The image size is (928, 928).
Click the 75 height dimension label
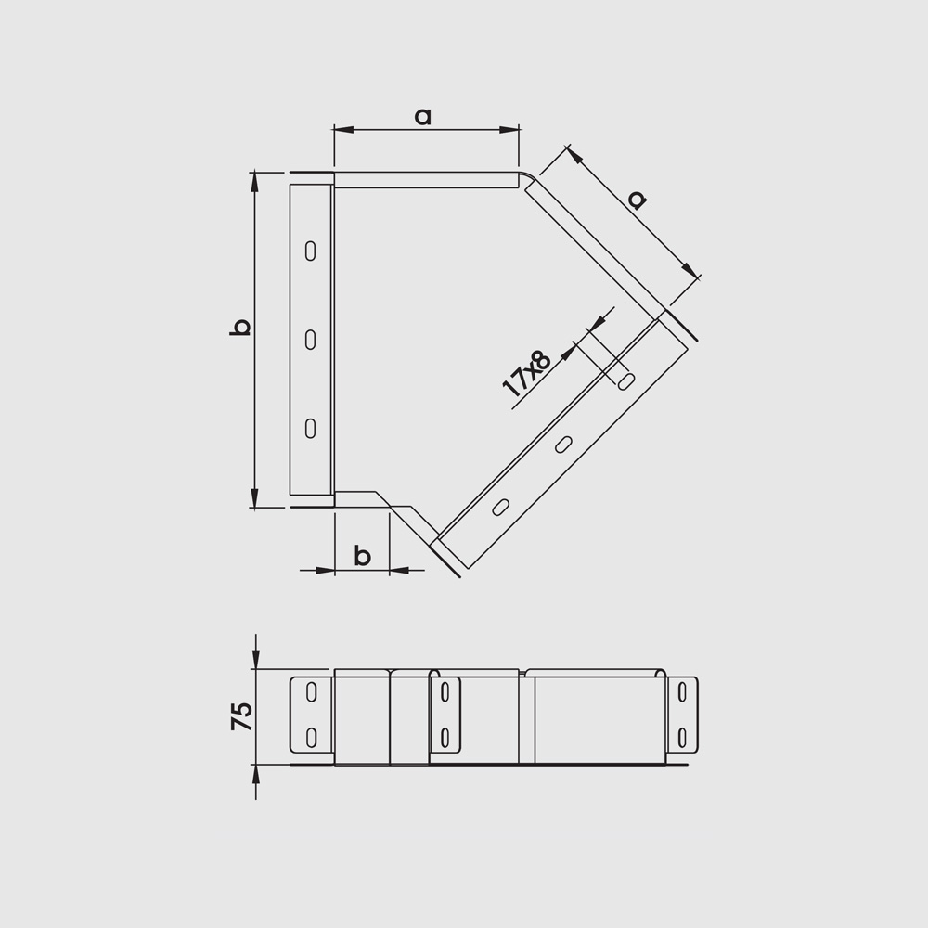(x=241, y=716)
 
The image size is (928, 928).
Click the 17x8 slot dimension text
(x=527, y=373)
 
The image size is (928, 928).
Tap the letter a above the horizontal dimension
(x=423, y=117)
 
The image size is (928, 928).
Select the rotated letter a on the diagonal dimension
(x=637, y=200)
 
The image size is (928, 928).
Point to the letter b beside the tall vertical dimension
(x=240, y=328)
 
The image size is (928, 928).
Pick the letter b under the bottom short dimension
(x=362, y=556)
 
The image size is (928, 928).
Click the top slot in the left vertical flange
(x=310, y=251)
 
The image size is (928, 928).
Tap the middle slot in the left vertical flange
(x=310, y=340)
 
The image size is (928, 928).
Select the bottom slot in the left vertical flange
(x=310, y=428)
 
